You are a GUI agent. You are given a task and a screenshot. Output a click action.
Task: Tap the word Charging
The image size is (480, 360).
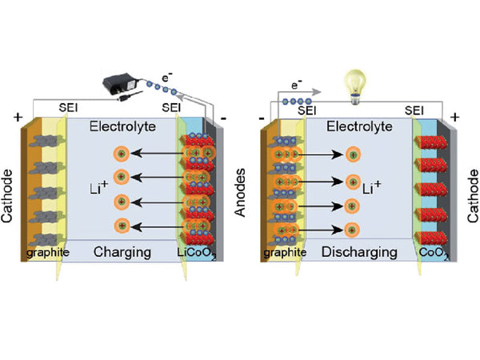tap(122, 252)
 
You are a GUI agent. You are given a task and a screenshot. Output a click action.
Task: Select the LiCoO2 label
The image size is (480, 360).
tap(196, 254)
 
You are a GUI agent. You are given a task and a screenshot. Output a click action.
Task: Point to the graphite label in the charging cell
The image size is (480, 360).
tap(43, 254)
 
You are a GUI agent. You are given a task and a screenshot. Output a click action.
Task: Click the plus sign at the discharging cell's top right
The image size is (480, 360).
tap(454, 117)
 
